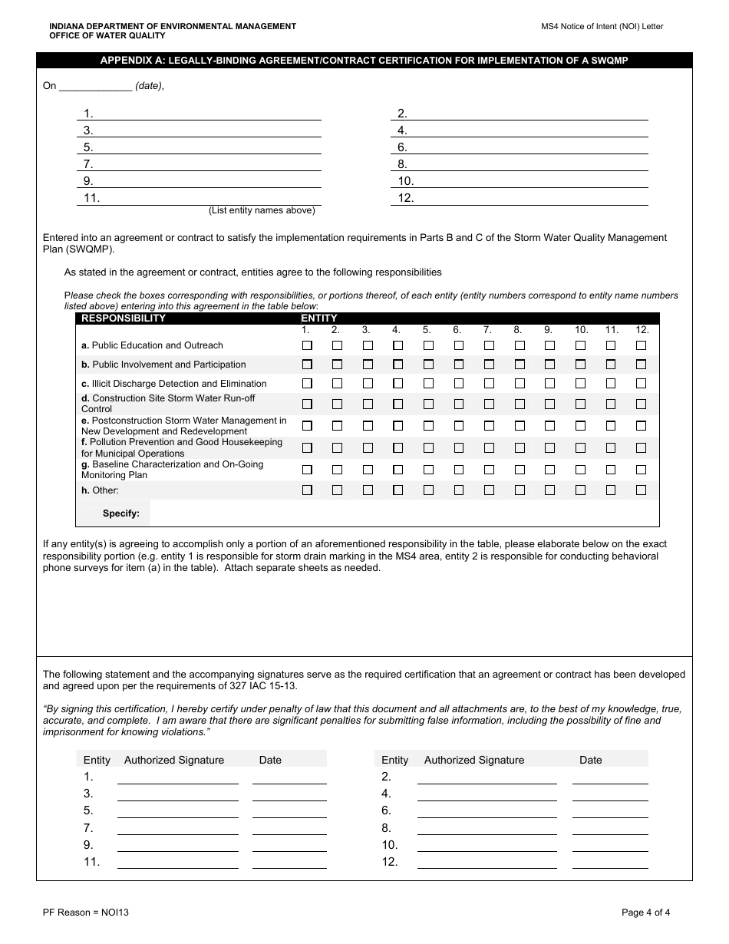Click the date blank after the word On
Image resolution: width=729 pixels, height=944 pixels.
coord(95,87)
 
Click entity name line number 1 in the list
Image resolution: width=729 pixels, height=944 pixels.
coord(207,114)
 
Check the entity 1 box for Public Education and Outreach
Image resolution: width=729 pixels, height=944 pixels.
coord(307,345)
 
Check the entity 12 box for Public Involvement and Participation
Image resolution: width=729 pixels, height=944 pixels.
coord(642,365)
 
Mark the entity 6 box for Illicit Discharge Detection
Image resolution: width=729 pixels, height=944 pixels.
coord(458,383)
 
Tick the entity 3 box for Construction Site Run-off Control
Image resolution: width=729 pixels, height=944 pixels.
coord(368,404)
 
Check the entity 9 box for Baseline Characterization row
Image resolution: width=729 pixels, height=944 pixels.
coord(549,469)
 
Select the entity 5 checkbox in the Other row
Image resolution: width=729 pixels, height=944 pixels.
coord(428,490)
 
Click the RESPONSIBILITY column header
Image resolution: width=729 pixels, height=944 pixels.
coord(124,319)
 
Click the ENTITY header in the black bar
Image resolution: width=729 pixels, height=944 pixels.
coord(318,319)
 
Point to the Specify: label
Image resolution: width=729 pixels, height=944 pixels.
coord(121,514)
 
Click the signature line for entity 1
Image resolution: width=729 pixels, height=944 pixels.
coord(177,777)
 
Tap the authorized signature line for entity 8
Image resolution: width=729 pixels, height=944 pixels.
coord(487,828)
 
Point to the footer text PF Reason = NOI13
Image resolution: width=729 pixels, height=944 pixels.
coord(81,913)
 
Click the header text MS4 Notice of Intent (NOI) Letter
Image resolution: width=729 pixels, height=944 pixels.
coord(602,27)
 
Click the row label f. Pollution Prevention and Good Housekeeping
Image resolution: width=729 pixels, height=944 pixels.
coord(182,443)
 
